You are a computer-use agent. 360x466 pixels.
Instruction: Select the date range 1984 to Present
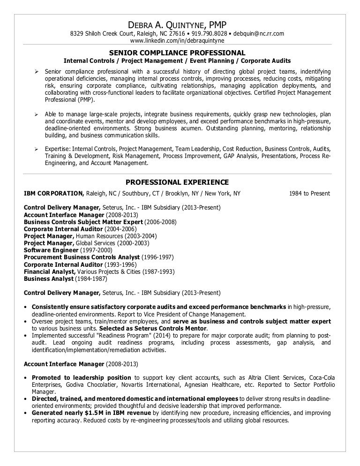tap(310, 193)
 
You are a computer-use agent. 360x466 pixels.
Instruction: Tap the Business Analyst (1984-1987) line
tap(65, 278)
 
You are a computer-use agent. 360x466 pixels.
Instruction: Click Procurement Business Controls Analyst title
tap(82, 257)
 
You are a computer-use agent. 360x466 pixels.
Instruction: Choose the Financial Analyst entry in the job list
tap(49, 271)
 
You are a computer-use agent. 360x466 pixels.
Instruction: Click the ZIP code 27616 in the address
tap(176, 34)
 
